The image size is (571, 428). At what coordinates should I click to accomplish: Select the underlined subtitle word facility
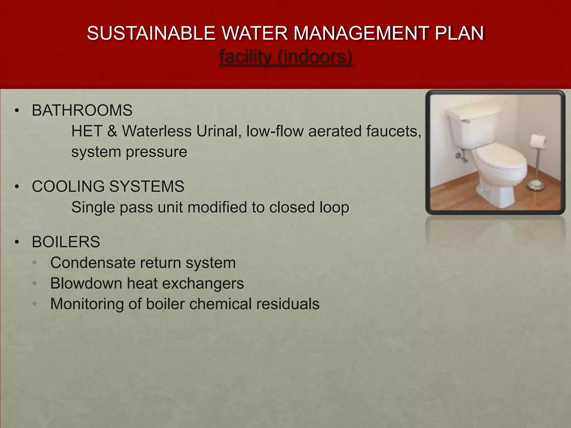coord(245,57)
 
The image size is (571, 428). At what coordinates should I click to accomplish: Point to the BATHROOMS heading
coord(82,110)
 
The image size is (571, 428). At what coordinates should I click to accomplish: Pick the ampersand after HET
coord(112,131)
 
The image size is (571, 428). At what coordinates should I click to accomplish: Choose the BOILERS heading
coord(66,242)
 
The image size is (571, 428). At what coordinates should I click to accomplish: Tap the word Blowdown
coord(86,283)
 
